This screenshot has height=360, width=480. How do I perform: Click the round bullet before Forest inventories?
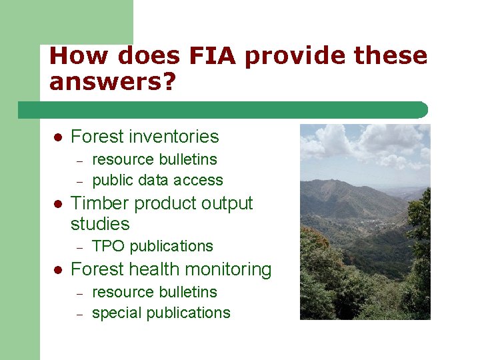pos(57,137)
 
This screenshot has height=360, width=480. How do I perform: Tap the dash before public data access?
pos(79,181)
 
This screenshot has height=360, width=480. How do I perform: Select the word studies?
pos(99,223)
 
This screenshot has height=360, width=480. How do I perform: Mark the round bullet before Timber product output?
pos(57,203)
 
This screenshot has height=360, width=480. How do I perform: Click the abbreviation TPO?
pos(108,246)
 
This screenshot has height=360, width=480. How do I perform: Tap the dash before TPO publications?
pos(79,247)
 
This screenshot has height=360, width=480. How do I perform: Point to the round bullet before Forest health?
pos(57,269)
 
